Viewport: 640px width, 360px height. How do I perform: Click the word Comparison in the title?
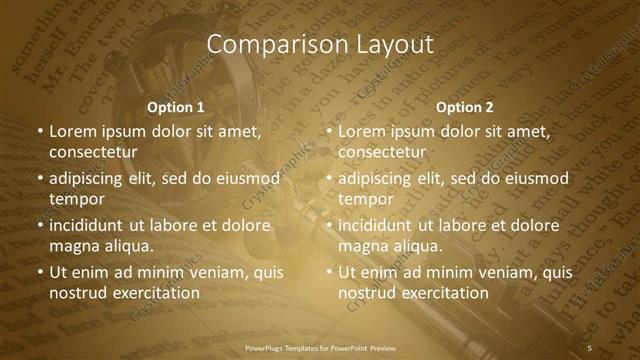point(267,45)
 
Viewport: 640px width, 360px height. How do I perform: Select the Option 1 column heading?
point(176,107)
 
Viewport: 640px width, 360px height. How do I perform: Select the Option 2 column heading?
point(465,107)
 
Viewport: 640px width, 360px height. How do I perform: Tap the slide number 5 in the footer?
point(589,347)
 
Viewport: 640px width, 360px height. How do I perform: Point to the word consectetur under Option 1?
point(93,152)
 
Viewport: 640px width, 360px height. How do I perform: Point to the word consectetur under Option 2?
point(382,152)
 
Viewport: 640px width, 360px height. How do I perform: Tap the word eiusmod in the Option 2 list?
point(535,179)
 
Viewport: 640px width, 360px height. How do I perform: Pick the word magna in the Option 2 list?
point(364,246)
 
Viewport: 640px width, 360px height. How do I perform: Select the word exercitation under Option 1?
point(154,293)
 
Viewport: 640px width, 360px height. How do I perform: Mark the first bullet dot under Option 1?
point(39,132)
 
